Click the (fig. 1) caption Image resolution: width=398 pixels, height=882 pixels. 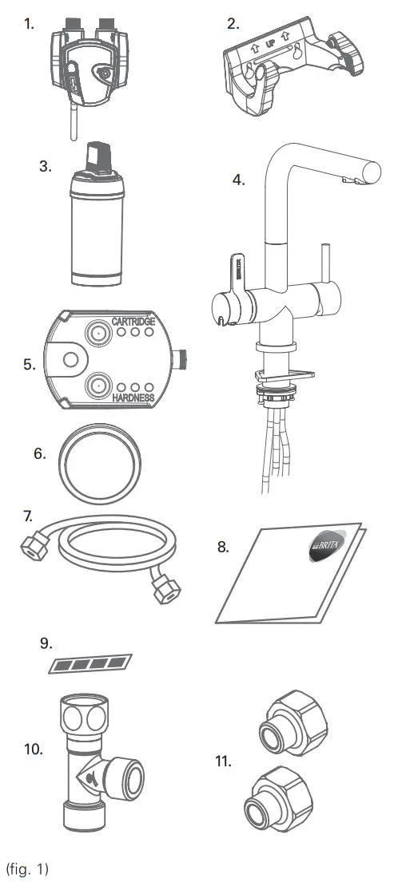pyautogui.click(x=27, y=868)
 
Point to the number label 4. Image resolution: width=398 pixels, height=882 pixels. pyautogui.click(x=237, y=180)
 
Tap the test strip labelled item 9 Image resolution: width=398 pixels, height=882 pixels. pyautogui.click(x=89, y=662)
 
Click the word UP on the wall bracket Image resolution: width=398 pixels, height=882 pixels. pyautogui.click(x=271, y=38)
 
